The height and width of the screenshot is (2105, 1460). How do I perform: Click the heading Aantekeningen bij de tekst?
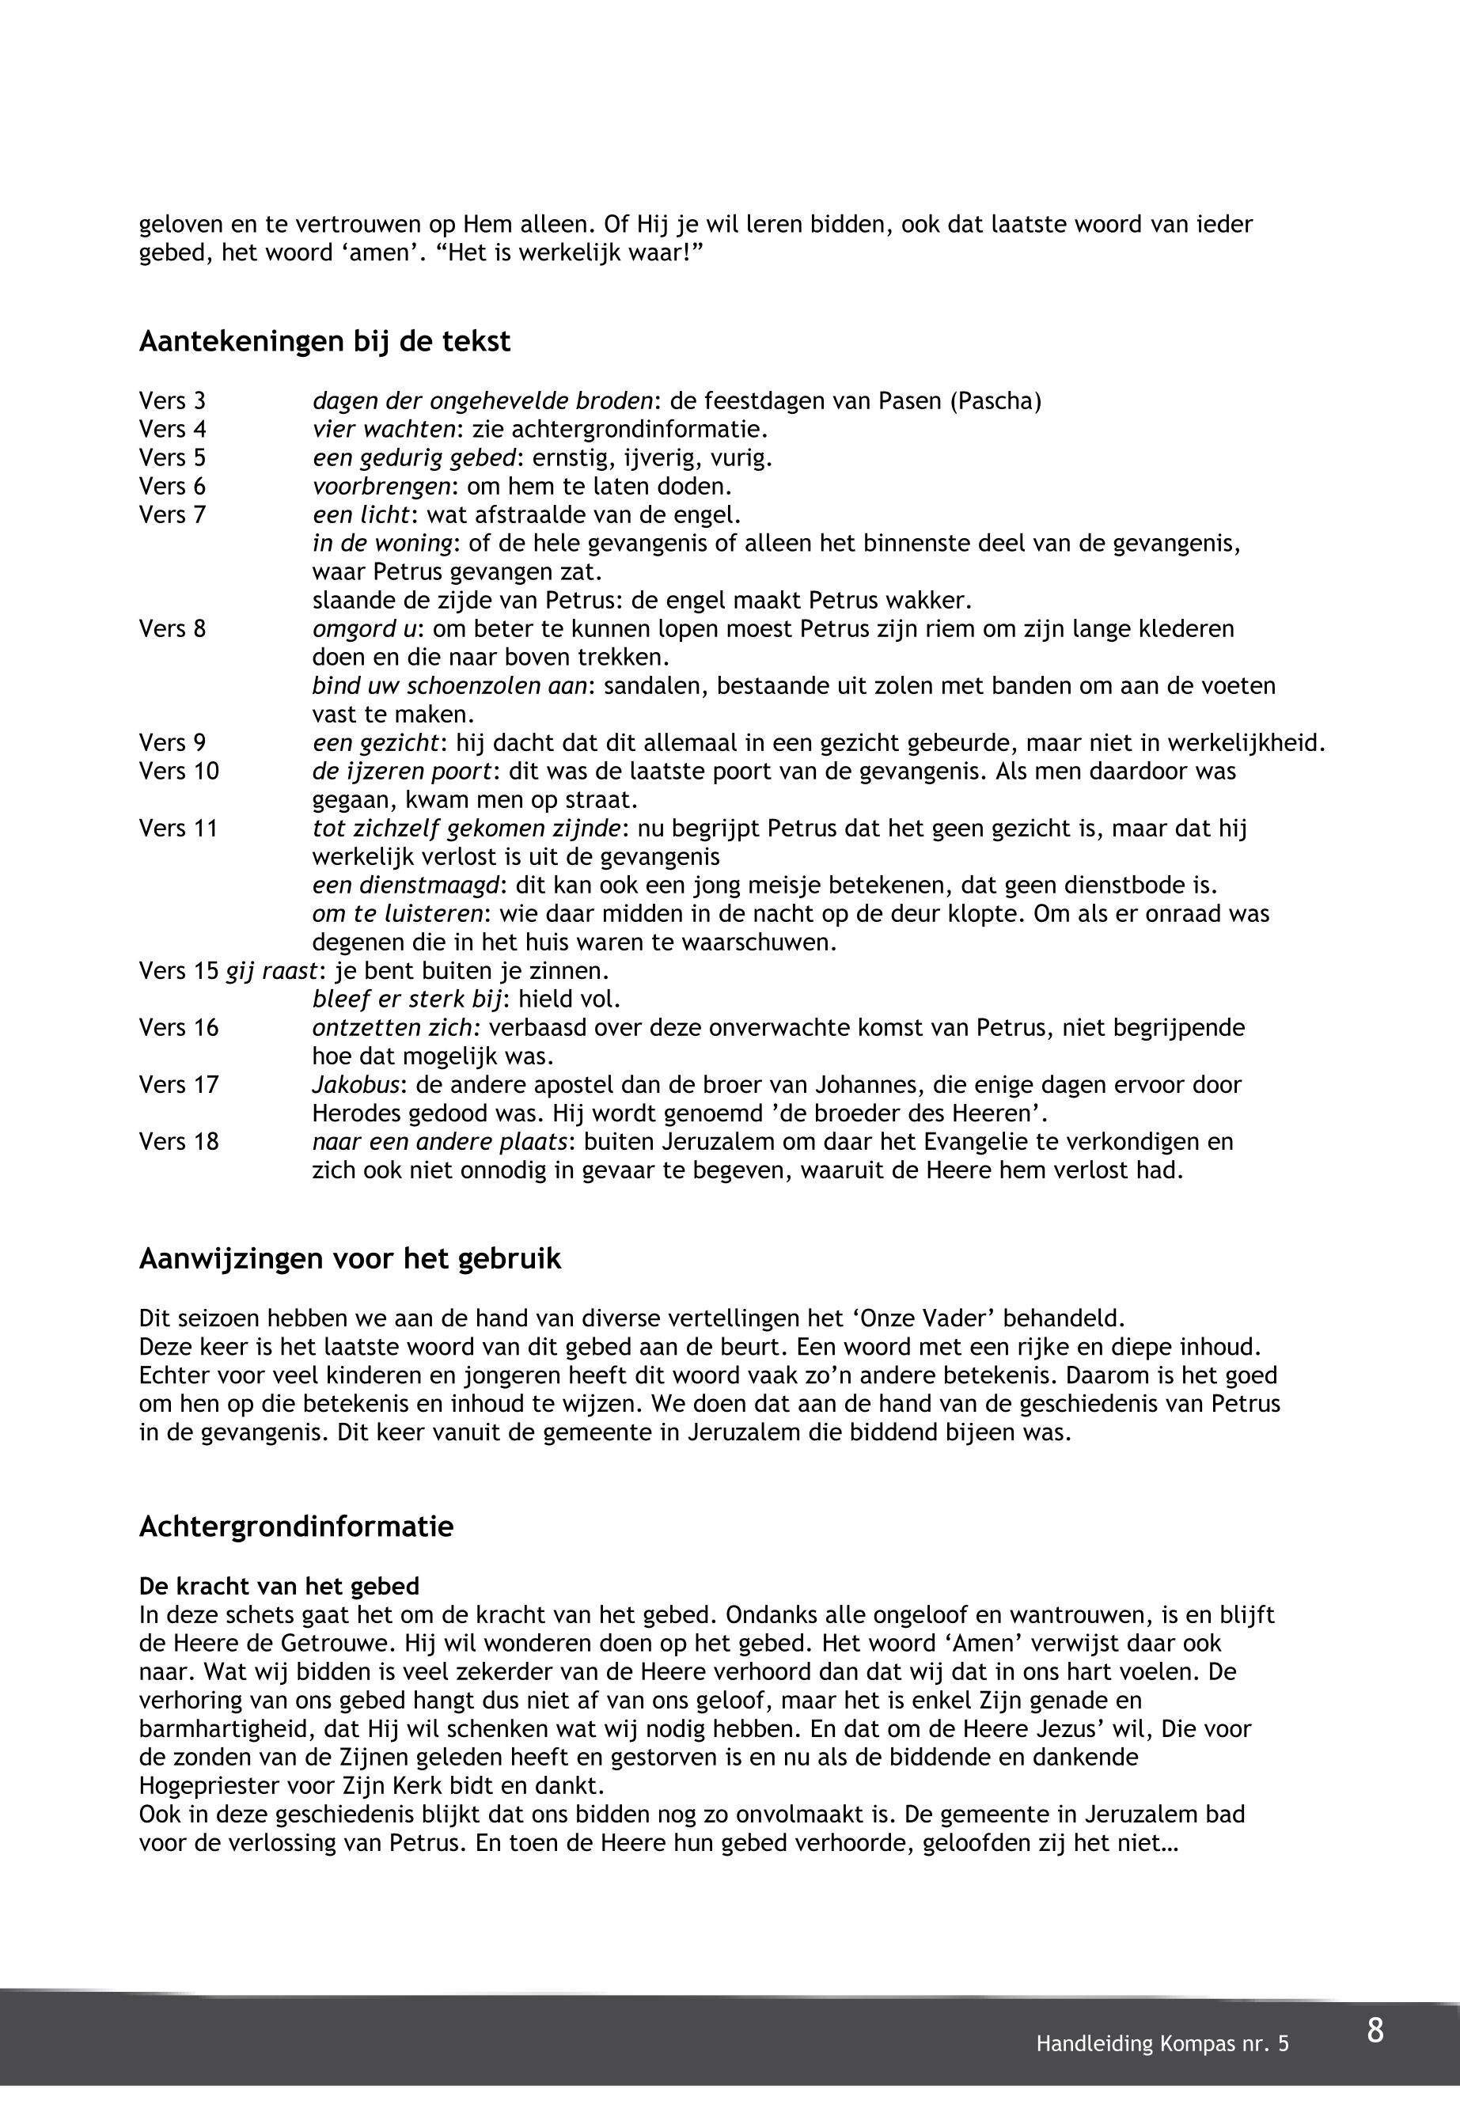tap(324, 342)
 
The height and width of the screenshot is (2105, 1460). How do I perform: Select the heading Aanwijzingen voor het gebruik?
tap(350, 1259)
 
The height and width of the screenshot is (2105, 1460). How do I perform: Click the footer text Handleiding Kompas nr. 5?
tap(1162, 2044)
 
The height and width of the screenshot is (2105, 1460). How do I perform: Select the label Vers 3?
tap(172, 400)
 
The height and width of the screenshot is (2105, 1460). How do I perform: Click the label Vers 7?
tap(172, 515)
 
